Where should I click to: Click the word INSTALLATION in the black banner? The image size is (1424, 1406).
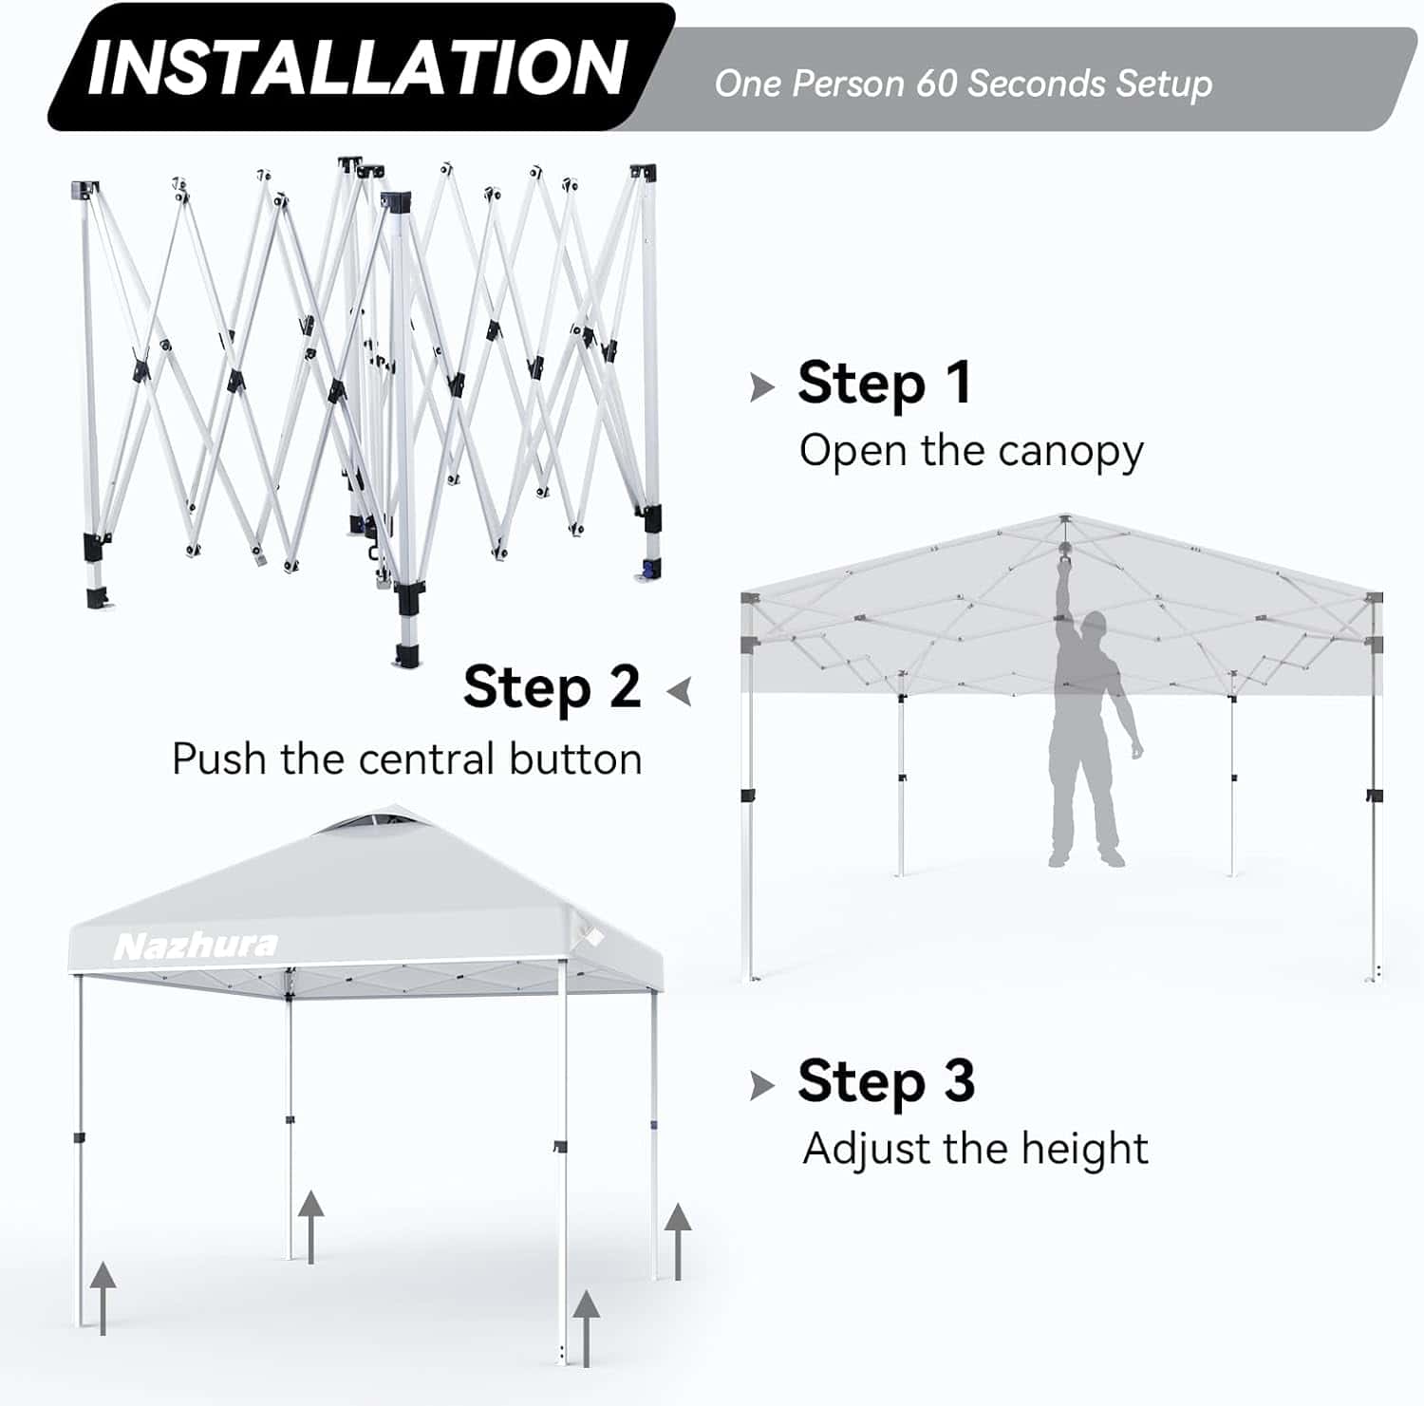[x=356, y=67]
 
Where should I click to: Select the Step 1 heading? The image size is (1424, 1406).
[x=885, y=383]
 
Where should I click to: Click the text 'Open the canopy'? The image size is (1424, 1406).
[x=971, y=452]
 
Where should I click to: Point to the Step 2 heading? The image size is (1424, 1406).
[x=553, y=687]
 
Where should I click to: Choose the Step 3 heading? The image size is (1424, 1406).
[x=887, y=1080]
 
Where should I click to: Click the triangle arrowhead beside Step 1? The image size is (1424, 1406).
[x=761, y=387]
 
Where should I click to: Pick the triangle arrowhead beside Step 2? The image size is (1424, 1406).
[x=679, y=691]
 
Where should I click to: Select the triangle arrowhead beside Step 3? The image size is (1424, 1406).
[x=761, y=1085]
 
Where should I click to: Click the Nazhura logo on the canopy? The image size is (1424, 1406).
[x=196, y=946]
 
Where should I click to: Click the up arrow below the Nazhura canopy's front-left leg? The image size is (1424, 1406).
[x=103, y=1298]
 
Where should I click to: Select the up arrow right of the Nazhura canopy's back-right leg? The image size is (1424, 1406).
[x=677, y=1241]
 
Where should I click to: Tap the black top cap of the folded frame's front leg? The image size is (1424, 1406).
[x=396, y=202]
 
